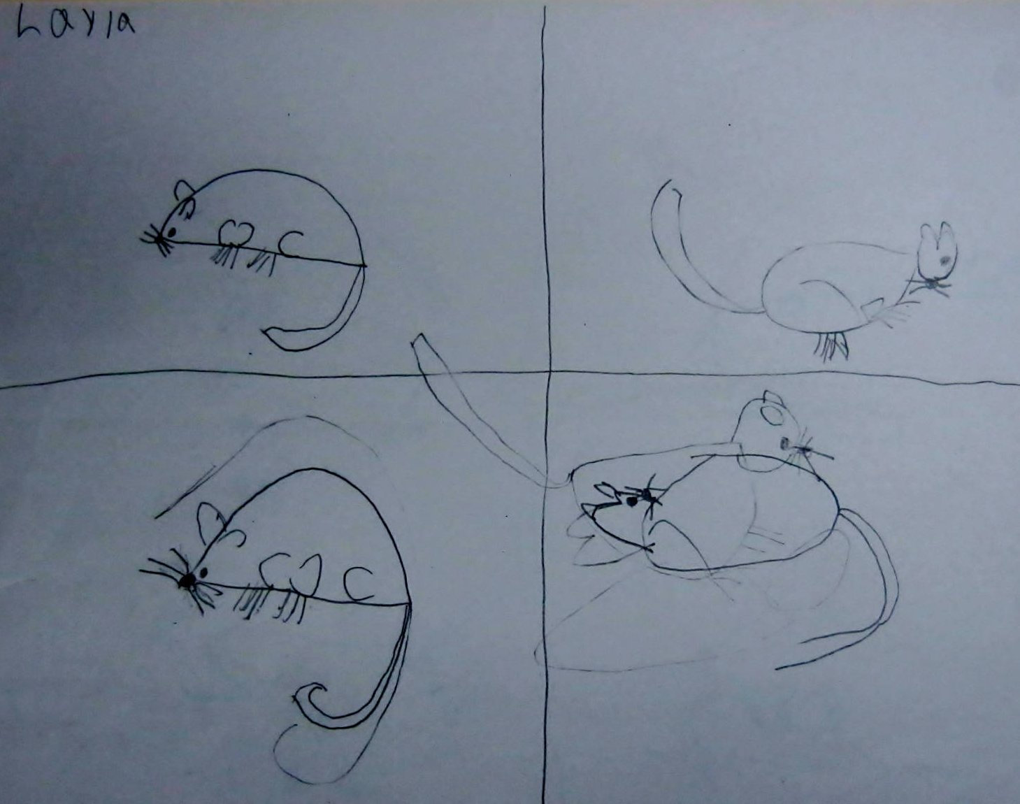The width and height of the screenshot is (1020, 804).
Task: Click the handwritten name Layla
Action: [x=76, y=24]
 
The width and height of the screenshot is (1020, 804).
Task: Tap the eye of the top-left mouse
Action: [x=171, y=231]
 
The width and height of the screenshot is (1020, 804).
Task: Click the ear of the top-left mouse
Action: [x=184, y=189]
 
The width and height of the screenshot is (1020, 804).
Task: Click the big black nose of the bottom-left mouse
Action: [x=187, y=580]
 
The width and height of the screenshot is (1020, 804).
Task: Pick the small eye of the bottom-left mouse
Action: [x=204, y=573]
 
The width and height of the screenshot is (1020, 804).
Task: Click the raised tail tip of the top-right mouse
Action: [x=670, y=182]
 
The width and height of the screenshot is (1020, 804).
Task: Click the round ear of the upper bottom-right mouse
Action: [x=773, y=415]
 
